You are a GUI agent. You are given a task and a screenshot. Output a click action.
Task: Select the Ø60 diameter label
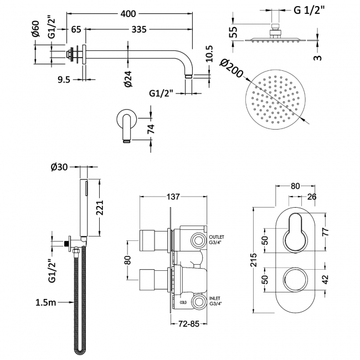click(37, 28)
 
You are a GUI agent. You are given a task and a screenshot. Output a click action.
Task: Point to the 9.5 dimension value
click(64, 79)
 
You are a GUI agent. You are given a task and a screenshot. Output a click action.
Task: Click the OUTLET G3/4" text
click(217, 239)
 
